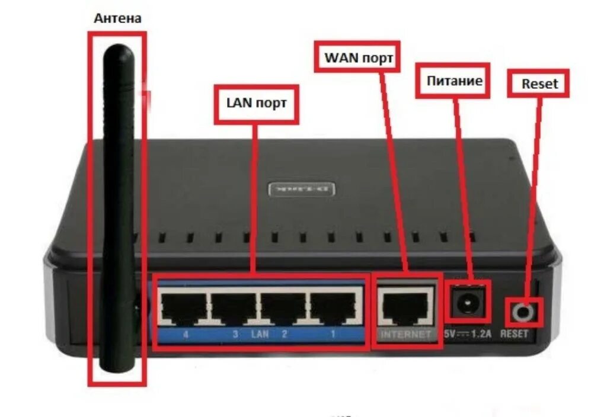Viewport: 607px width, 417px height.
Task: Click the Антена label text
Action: [117, 18]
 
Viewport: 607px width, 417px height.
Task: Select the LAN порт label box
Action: [256, 103]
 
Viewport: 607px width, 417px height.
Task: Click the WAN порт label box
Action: [355, 56]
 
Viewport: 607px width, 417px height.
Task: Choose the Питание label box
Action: [455, 80]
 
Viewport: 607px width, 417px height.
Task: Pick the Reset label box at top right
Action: [539, 84]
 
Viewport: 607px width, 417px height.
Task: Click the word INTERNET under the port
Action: [406, 335]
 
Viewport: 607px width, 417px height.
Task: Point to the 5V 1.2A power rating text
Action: [468, 334]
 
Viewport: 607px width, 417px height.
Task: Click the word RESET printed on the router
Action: [514, 334]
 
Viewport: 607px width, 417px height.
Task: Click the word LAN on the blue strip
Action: [260, 335]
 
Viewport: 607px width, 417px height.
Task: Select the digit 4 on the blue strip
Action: [186, 335]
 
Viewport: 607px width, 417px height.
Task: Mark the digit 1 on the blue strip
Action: [333, 335]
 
